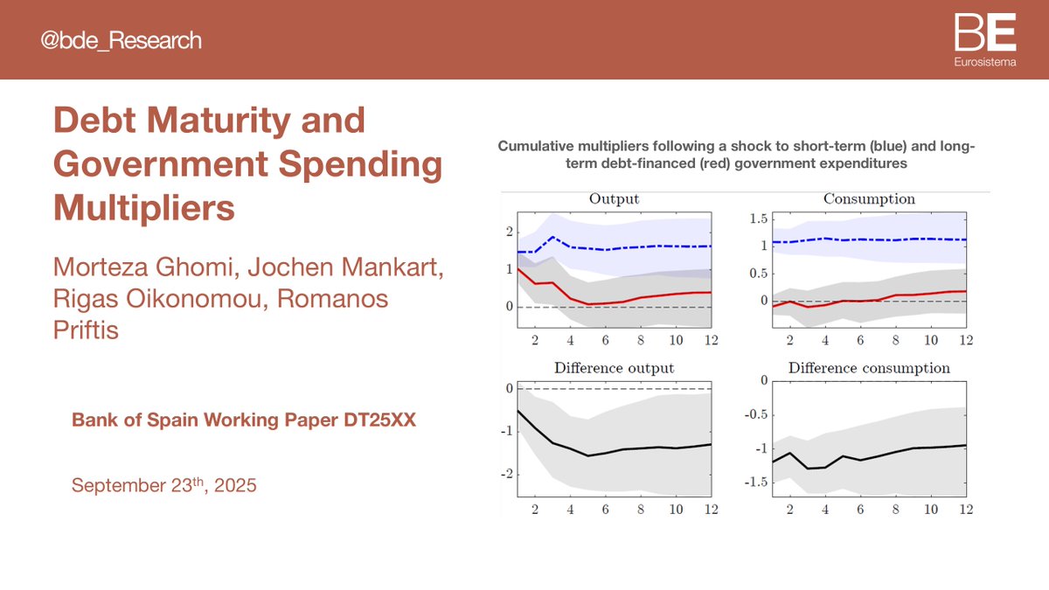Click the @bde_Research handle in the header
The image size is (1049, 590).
coord(122,40)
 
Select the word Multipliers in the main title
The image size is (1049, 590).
coord(144,209)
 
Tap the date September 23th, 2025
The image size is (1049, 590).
coord(164,484)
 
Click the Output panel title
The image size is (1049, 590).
coord(614,198)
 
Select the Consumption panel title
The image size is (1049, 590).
coord(869,198)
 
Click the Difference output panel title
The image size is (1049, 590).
coord(614,368)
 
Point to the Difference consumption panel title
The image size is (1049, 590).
coord(869,368)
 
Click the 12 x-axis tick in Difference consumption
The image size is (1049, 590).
coord(965,510)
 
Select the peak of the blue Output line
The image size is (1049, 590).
coord(552,237)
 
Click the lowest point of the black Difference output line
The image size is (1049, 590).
coord(588,455)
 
